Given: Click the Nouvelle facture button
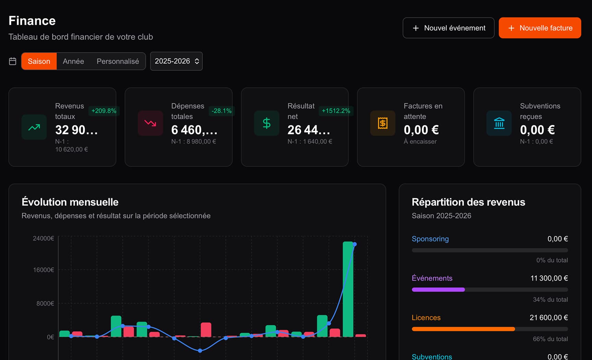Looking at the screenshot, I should pos(540,28).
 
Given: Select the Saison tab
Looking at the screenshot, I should pos(39,61).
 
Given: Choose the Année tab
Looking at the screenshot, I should pos(73,61).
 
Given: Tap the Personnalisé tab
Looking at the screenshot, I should pos(118,61).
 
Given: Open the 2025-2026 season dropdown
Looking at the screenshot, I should pos(176,61).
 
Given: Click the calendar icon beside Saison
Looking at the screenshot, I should pos(13,61).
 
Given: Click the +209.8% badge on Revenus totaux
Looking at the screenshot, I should pos(104,111).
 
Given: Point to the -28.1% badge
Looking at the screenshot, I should pos(221,111).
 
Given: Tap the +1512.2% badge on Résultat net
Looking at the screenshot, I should pos(336,111).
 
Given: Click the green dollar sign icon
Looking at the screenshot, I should pos(267,123).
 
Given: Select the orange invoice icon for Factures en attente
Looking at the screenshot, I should pos(383,123).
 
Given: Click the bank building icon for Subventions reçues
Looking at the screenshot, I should pos(499,123).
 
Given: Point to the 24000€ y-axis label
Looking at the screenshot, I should pos(43,238).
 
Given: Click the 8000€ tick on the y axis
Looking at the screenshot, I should pos(45,303).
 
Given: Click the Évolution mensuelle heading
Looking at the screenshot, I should pos(70,202).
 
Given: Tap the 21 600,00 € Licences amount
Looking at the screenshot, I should pos(548,317).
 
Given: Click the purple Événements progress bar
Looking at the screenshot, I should pos(438,290).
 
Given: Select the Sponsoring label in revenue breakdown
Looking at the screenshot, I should pos(430,239).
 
